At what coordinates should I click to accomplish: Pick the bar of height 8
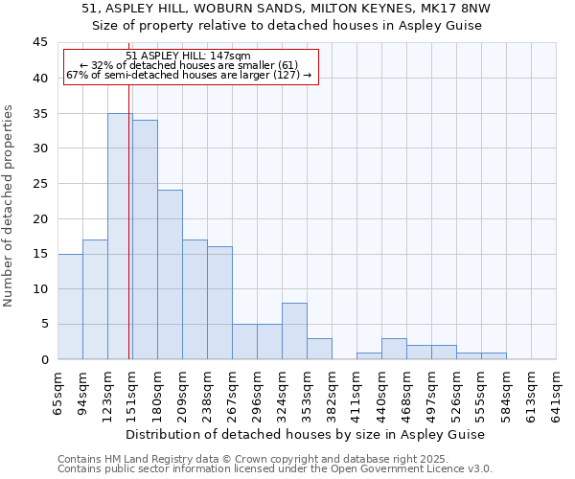coord(294,331)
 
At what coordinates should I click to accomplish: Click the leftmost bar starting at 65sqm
coord(70,307)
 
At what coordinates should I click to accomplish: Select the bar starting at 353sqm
coord(319,349)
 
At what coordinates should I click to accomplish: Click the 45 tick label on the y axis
coord(39,43)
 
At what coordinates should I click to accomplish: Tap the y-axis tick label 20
coord(39,218)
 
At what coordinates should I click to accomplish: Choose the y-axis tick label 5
coord(43,324)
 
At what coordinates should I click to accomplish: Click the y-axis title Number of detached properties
coord(10,206)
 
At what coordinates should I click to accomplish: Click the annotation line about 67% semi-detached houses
coord(189,75)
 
